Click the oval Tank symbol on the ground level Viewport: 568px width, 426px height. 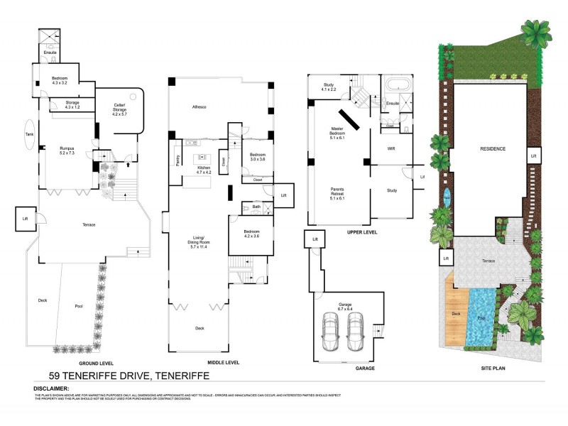(29, 137)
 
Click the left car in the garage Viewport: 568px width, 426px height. (330, 331)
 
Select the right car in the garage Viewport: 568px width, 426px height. (356, 331)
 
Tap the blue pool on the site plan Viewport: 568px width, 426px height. (482, 317)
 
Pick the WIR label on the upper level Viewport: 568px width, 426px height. (390, 149)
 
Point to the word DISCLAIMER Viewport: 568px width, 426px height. (51, 389)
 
